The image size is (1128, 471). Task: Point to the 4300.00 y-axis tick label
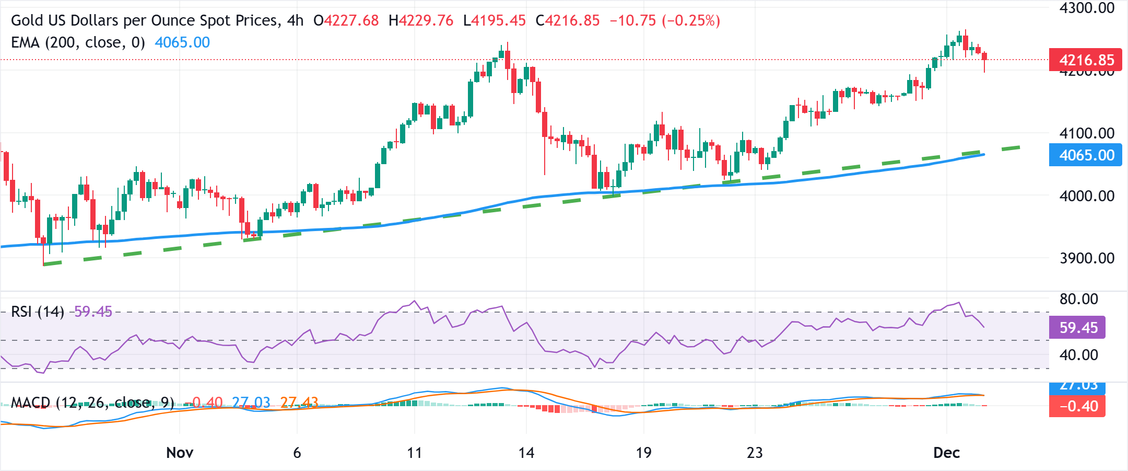tap(1087, 8)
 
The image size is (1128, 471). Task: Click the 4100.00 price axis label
tap(1087, 133)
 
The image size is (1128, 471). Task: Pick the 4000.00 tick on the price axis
tap(1087, 196)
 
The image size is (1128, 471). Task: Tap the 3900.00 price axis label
tap(1087, 258)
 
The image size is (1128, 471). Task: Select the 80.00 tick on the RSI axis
tap(1078, 299)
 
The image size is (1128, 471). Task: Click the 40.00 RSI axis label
tap(1078, 355)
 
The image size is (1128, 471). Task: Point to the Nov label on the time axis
tap(180, 453)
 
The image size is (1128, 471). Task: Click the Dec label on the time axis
tap(946, 453)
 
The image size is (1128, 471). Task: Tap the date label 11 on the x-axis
tap(414, 453)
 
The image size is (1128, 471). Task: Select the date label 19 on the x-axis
tap(643, 453)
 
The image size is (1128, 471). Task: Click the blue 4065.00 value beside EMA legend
tap(182, 42)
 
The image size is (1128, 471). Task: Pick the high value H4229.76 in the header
tap(421, 20)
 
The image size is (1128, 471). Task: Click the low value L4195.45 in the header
tap(494, 20)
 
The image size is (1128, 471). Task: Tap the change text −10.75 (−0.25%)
tap(665, 20)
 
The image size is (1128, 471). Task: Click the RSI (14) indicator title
tap(37, 312)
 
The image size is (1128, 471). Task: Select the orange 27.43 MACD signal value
tap(299, 403)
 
